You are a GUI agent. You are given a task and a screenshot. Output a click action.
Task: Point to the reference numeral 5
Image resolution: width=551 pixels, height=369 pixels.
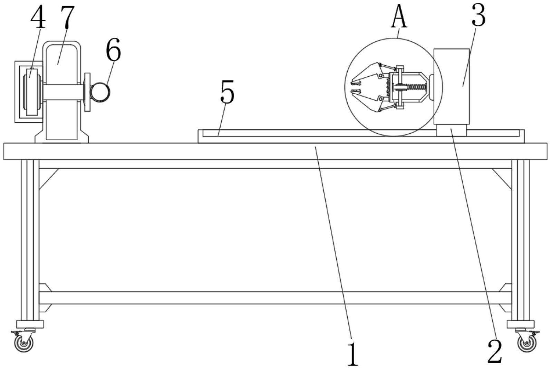[x=227, y=92]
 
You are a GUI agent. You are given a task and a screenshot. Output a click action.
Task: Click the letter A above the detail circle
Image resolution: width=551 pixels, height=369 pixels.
[x=399, y=16]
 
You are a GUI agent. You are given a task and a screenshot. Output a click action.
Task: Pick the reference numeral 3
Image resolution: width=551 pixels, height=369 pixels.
[x=478, y=15]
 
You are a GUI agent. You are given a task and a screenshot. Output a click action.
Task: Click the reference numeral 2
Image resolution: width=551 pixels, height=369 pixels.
[x=495, y=351]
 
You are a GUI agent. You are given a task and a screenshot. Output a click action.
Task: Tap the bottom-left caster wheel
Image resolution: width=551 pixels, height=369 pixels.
[x=23, y=342]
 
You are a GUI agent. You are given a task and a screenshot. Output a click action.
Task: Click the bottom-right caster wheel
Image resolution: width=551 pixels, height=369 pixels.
[x=527, y=342]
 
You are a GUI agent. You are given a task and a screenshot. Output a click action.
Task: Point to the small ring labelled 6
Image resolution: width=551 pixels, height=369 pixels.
[x=100, y=92]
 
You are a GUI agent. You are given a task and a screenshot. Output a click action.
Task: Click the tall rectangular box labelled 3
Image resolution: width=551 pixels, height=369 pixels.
[x=451, y=86]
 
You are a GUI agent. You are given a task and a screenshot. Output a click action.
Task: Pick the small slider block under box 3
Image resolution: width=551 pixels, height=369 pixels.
[x=451, y=130]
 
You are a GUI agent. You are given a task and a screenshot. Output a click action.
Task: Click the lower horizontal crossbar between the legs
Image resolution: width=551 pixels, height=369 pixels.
[x=275, y=298]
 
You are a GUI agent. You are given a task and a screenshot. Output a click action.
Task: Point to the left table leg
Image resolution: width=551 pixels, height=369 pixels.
[x=30, y=240]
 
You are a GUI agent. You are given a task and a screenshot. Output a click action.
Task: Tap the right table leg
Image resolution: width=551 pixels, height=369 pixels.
[x=521, y=240]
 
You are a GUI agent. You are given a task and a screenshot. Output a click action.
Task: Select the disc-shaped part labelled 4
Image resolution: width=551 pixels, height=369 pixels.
[x=32, y=92]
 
